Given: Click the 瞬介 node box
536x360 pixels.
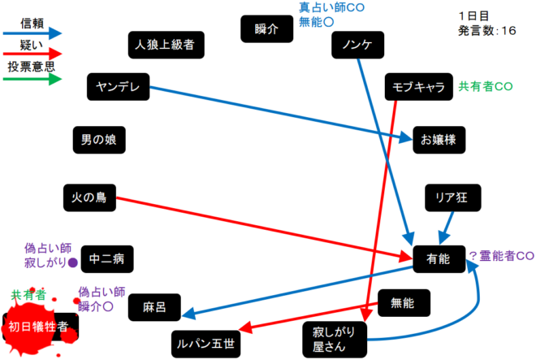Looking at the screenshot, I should point(266,29).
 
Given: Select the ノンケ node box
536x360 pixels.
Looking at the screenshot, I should point(358,46).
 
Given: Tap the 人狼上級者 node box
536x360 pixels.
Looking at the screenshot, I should point(166,44).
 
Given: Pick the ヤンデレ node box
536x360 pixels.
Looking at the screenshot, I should point(118,87).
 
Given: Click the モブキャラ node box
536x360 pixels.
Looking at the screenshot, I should point(418,87).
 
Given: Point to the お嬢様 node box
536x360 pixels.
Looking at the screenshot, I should point(439,139).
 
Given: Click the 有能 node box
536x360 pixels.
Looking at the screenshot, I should point(438,258).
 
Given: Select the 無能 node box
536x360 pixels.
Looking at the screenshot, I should point(403,304).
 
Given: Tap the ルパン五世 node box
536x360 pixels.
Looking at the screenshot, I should point(205,345).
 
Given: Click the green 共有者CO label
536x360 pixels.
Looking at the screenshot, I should point(485,86).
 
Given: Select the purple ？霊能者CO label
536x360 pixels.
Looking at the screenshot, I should point(500,256).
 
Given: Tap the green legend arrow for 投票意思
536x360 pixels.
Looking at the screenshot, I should point(32,80).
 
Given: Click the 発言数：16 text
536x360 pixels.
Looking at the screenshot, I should point(486,31).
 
